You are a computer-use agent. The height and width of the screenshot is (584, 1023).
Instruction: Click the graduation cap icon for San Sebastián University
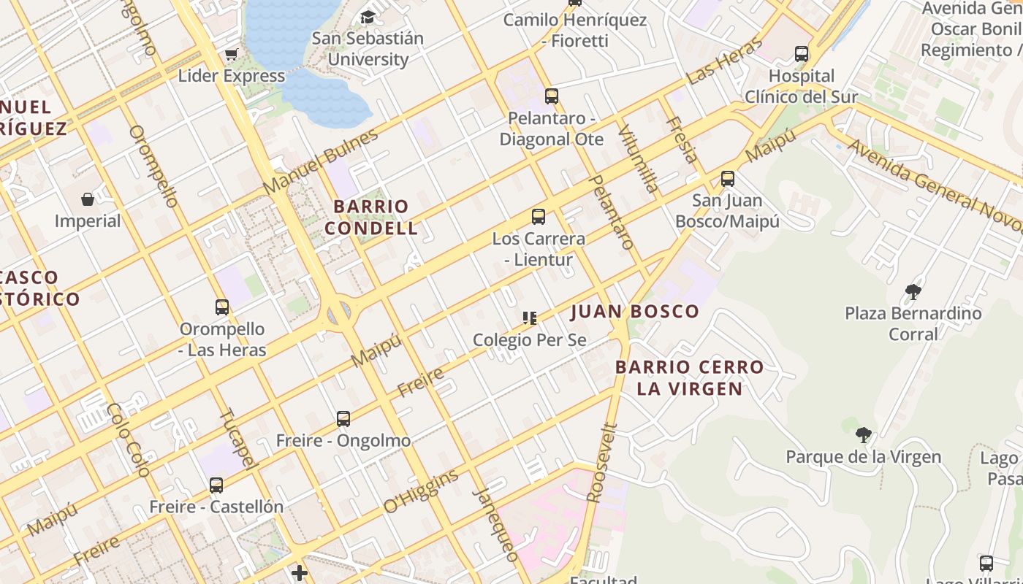pyautogui.click(x=368, y=17)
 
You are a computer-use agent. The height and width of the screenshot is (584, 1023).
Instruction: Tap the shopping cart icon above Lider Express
pyautogui.click(x=232, y=54)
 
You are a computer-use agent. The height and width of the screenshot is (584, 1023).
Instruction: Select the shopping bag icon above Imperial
pyautogui.click(x=88, y=199)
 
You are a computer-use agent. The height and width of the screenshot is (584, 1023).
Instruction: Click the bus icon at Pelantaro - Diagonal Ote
pyautogui.click(x=552, y=96)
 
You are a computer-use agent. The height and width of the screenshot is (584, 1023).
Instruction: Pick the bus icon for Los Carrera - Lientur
pyautogui.click(x=539, y=217)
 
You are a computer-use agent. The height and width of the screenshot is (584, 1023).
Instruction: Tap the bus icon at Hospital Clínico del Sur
pyautogui.click(x=802, y=54)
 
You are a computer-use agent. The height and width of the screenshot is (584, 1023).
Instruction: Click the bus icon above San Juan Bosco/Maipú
pyautogui.click(x=727, y=179)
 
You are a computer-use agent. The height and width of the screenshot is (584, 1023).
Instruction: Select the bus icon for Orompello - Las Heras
pyautogui.click(x=222, y=307)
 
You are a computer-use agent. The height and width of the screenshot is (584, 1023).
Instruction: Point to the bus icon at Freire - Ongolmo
pyautogui.click(x=343, y=419)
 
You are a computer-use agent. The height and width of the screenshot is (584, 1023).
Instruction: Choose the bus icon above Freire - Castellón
pyautogui.click(x=216, y=485)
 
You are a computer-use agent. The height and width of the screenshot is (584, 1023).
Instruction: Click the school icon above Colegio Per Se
pyautogui.click(x=530, y=318)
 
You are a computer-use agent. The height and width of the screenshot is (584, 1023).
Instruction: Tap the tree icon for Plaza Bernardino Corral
pyautogui.click(x=913, y=292)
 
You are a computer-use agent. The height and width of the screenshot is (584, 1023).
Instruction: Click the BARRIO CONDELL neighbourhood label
pyautogui.click(x=371, y=217)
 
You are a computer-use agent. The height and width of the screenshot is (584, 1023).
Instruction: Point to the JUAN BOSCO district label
pyautogui.click(x=634, y=312)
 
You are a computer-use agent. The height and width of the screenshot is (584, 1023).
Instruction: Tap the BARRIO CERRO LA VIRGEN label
pyautogui.click(x=689, y=377)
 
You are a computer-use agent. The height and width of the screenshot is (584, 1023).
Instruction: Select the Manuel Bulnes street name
pyautogui.click(x=322, y=161)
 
